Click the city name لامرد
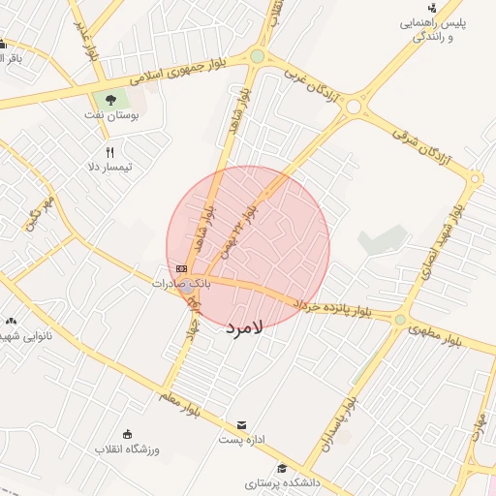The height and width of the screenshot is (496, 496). pyautogui.click(x=244, y=328)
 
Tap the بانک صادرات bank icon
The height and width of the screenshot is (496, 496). pyautogui.click(x=181, y=268)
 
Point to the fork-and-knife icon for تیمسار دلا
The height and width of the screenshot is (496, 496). pyautogui.click(x=109, y=152)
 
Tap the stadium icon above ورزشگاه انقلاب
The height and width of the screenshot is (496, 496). pyautogui.click(x=126, y=433)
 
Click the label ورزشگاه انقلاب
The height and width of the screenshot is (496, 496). pyautogui.click(x=126, y=450)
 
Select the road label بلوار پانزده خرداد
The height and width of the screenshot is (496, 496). pyautogui.click(x=332, y=308)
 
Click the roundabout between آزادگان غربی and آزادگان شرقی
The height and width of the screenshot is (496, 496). pyautogui.click(x=354, y=105)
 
